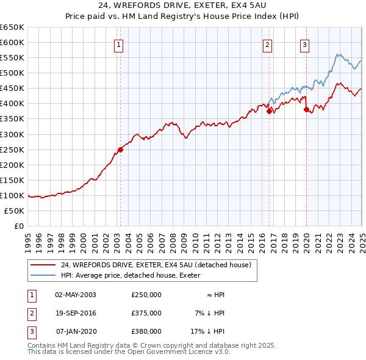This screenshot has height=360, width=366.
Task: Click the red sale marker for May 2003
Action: tap(120, 149)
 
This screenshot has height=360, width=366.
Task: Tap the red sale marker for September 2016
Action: tap(269, 111)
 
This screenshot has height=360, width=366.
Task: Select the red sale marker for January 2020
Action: tap(306, 110)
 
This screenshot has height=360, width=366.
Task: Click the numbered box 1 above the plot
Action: tap(118, 44)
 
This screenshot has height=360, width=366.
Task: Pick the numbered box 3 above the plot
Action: tap(304, 44)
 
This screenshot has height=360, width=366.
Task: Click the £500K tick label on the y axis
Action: tap(12, 73)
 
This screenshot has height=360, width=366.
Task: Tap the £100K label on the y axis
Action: tap(12, 195)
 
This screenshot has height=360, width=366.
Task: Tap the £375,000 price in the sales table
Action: tap(146, 313)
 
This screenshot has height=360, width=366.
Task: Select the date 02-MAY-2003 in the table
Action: tap(76, 295)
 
